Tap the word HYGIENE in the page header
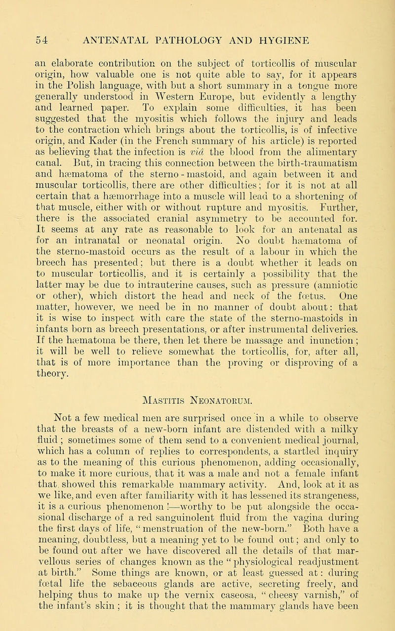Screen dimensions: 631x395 coord(323,38)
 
